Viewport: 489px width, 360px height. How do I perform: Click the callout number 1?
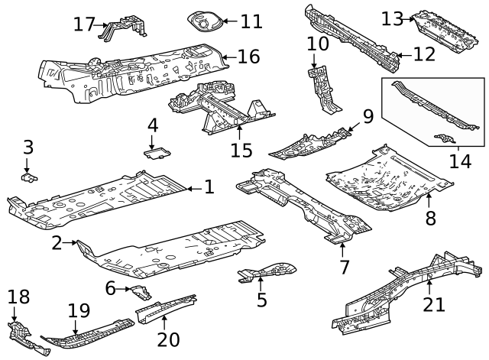point(209,186)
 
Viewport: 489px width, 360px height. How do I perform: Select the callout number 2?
point(57,243)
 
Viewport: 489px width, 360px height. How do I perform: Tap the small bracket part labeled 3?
point(29,177)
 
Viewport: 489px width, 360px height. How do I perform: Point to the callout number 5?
point(262,300)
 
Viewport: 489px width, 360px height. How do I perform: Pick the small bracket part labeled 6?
point(140,291)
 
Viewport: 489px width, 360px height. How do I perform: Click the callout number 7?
point(343,267)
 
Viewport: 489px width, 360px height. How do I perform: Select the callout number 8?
point(430,218)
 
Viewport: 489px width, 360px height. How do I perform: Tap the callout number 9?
point(368,116)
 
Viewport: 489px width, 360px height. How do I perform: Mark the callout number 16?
point(248,56)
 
